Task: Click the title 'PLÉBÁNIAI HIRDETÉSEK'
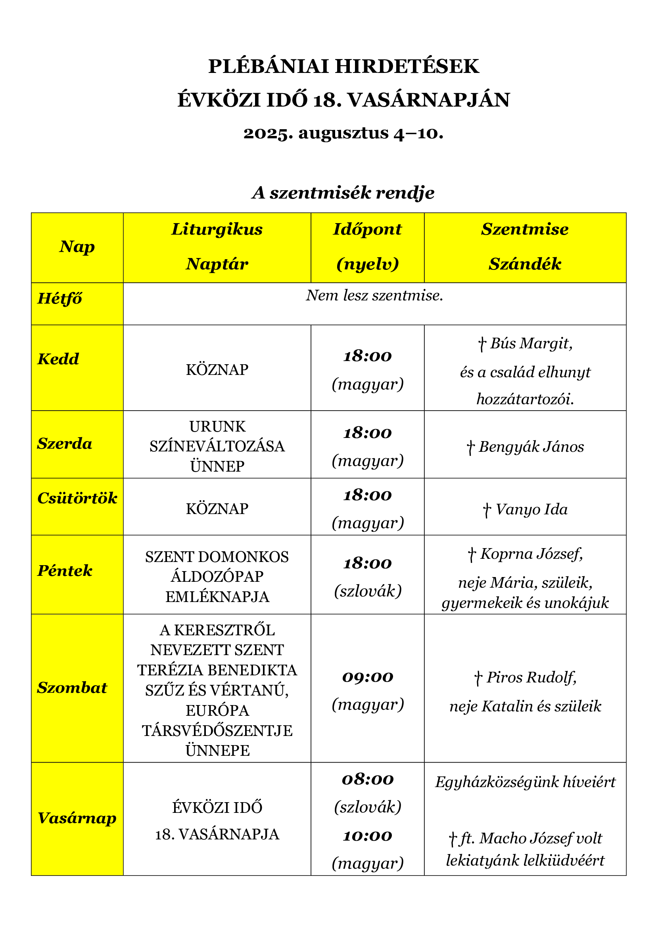point(343,67)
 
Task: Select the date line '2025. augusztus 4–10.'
point(343,133)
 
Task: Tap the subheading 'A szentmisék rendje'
point(343,193)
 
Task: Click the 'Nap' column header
point(77,247)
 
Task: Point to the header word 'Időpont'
point(367,229)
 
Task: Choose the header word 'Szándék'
point(525,264)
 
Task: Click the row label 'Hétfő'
point(60,299)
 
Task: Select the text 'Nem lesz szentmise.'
point(374,296)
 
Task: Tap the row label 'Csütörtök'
point(77,498)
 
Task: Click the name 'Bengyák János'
point(531,447)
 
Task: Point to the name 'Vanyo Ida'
point(531,510)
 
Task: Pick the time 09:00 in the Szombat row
point(368,677)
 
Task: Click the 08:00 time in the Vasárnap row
point(368,779)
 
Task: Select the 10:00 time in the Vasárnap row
point(368,836)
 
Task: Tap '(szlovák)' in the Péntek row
point(368,591)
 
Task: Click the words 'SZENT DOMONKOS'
point(217,557)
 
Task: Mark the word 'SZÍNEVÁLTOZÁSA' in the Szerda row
point(217,447)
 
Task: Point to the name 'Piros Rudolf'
point(531,677)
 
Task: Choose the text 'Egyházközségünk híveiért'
point(525,782)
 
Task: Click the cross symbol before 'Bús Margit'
point(481,344)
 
